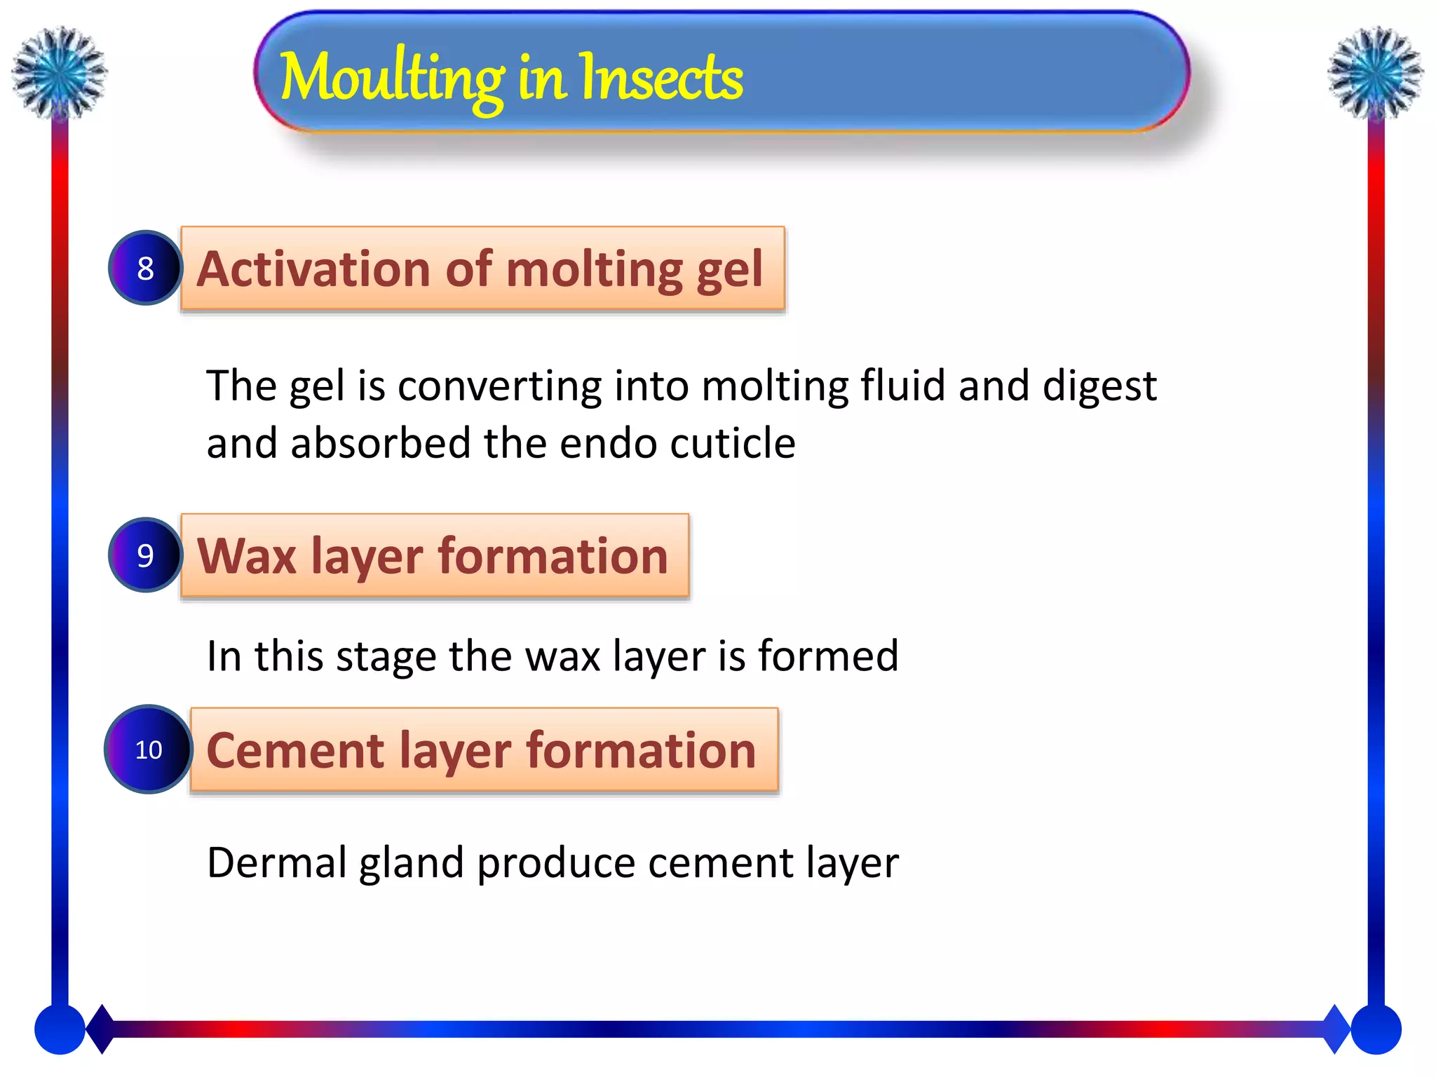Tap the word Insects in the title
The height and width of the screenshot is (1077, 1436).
click(x=661, y=79)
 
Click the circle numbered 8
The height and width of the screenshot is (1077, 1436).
click(x=145, y=268)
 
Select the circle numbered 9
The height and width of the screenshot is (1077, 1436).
click(x=145, y=555)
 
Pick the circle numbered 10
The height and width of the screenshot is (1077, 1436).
click(x=148, y=750)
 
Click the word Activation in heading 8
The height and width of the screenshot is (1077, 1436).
click(x=313, y=269)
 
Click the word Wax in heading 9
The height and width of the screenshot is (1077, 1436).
click(x=247, y=556)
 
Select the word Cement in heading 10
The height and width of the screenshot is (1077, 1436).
click(x=295, y=750)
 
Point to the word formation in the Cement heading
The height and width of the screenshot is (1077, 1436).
click(x=641, y=750)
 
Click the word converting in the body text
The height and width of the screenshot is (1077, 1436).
click(x=499, y=387)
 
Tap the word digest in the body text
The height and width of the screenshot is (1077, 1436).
click(x=1099, y=387)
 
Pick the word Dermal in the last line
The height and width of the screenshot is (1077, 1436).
click(x=276, y=862)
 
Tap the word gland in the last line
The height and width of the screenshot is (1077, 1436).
click(x=411, y=864)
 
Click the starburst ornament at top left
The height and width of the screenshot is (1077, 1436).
click(x=60, y=72)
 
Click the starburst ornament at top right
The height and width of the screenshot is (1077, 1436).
click(x=1375, y=72)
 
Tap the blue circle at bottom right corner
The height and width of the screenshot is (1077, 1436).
click(x=1376, y=1029)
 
